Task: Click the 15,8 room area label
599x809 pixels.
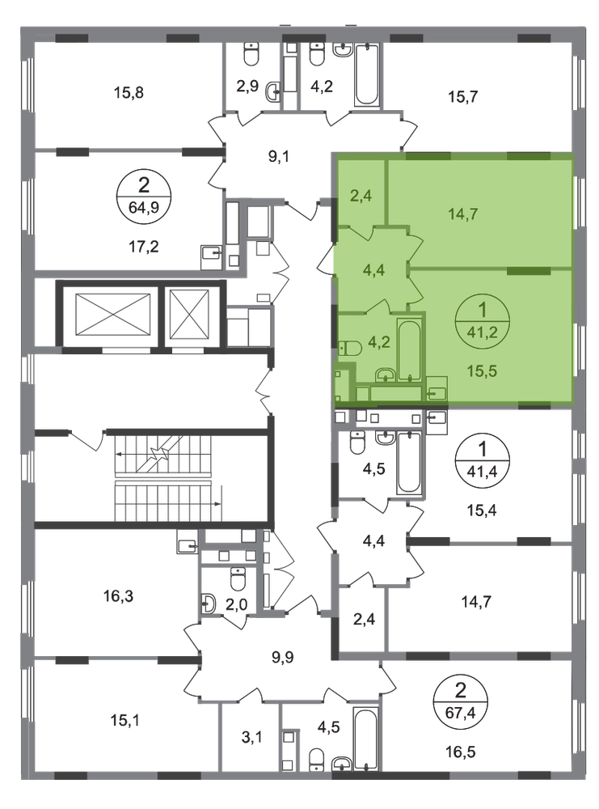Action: [x=129, y=93]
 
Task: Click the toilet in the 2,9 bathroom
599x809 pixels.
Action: [x=251, y=55]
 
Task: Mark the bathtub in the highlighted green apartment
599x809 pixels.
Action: [x=409, y=349]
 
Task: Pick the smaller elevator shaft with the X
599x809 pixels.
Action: [x=189, y=314]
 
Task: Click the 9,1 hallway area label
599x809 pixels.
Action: [x=279, y=156]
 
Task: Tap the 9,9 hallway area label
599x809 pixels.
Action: [x=282, y=657]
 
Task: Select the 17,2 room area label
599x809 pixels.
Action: [x=143, y=247]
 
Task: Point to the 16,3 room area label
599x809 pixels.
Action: [x=118, y=596]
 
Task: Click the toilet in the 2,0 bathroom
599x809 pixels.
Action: [x=238, y=578]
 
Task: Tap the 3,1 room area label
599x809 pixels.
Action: [x=251, y=737]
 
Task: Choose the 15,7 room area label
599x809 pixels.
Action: [x=463, y=96]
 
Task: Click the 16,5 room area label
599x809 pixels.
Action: [x=460, y=752]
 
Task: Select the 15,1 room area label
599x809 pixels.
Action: [x=126, y=720]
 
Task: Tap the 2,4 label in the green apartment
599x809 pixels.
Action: [x=361, y=196]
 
